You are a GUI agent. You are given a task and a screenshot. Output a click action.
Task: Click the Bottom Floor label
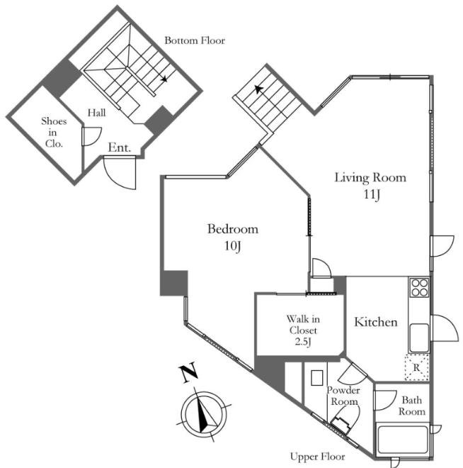(x=195, y=40)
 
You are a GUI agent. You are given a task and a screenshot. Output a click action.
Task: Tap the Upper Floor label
(x=318, y=457)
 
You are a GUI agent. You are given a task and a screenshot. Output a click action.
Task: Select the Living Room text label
(x=370, y=177)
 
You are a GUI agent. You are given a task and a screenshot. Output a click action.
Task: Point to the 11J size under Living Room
(x=372, y=194)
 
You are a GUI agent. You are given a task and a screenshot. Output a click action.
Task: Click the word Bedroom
(x=233, y=229)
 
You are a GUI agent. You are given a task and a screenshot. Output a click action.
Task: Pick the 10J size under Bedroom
(x=233, y=246)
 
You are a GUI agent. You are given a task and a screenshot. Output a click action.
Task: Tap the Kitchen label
(x=376, y=322)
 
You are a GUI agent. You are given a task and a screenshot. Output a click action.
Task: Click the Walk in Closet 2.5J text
(x=303, y=330)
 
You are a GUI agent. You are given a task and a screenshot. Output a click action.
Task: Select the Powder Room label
(x=343, y=396)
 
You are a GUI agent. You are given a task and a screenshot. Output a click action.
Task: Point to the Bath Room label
(x=412, y=406)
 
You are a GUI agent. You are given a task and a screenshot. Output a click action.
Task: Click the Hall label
(x=96, y=113)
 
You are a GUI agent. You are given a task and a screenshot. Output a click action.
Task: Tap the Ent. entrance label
(x=119, y=147)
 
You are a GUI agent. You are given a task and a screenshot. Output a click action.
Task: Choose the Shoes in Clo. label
(x=54, y=132)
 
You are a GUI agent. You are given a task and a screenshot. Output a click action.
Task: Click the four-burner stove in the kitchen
(x=420, y=287)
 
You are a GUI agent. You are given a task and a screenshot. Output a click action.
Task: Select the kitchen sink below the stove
(x=419, y=338)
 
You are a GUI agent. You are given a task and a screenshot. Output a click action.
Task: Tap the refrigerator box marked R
(x=416, y=367)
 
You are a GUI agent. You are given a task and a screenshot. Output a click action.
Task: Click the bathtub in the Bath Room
(x=403, y=440)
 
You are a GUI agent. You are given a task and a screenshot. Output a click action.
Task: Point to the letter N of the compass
(x=188, y=372)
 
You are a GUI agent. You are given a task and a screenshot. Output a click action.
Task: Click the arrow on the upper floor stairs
(x=259, y=89)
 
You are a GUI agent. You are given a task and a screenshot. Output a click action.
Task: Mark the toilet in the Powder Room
(x=345, y=419)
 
